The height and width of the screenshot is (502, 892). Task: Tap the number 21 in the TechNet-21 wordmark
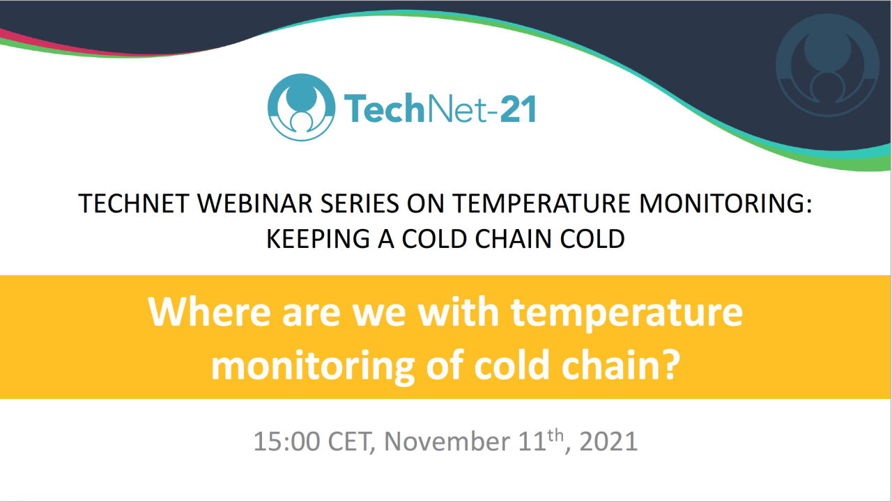pyautogui.click(x=517, y=109)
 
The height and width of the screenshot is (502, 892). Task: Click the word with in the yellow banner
pyautogui.click(x=459, y=313)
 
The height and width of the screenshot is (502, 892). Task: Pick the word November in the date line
pyautogui.click(x=445, y=441)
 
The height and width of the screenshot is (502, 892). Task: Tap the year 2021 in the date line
pyautogui.click(x=608, y=441)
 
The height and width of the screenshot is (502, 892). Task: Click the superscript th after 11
pyautogui.click(x=554, y=434)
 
